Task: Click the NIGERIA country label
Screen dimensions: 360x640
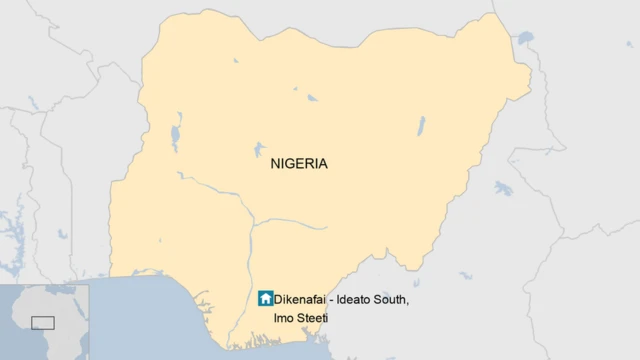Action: [299, 164]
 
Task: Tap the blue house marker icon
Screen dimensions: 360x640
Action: [265, 298]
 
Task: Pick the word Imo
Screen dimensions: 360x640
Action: [284, 318]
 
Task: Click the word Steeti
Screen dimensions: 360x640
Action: [313, 318]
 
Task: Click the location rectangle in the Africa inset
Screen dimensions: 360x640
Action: [43, 322]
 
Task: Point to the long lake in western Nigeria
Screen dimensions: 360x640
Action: [176, 134]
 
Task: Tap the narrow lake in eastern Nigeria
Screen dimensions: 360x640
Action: [421, 126]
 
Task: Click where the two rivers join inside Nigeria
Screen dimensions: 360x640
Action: [250, 222]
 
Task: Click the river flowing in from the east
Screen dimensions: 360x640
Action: [300, 222]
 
